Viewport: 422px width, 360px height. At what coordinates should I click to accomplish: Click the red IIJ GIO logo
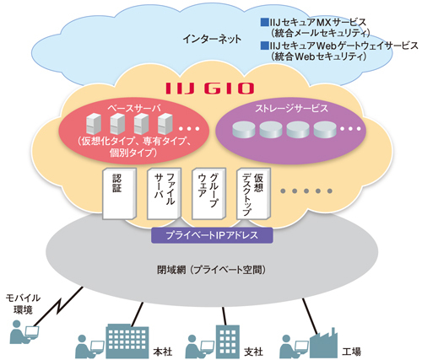[x=209, y=89]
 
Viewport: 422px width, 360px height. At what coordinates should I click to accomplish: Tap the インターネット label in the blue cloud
[x=212, y=39]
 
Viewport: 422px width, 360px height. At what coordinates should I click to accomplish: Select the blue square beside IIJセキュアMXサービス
[x=264, y=22]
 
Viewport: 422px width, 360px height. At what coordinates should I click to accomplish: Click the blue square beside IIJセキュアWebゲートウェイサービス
[x=264, y=46]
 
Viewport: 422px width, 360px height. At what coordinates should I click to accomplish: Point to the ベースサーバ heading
[x=134, y=108]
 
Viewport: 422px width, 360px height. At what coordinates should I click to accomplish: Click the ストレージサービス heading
[x=291, y=108]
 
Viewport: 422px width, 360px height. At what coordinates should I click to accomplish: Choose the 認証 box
[x=119, y=194]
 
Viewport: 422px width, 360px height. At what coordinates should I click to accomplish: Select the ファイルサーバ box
[x=164, y=194]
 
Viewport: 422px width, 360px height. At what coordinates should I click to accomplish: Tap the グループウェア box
[x=208, y=194]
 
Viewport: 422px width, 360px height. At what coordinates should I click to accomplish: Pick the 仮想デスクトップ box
[x=253, y=194]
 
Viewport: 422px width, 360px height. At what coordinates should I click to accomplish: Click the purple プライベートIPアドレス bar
[x=212, y=235]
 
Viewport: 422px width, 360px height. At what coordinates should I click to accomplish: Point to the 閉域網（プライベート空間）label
[x=211, y=270]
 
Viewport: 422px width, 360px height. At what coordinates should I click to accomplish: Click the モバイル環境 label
[x=23, y=304]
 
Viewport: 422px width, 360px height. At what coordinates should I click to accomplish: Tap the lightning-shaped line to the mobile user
[x=57, y=306]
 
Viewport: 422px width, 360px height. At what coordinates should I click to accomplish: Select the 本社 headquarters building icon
[x=127, y=341]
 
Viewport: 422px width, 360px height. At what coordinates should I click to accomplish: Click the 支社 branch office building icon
[x=228, y=341]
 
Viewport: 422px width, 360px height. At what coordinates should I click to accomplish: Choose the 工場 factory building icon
[x=323, y=343]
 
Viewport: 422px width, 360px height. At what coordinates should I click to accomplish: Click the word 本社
[x=162, y=352]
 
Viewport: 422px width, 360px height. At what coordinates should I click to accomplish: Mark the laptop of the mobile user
[x=31, y=333]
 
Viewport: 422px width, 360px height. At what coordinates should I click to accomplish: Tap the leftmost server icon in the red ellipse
[x=94, y=124]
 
